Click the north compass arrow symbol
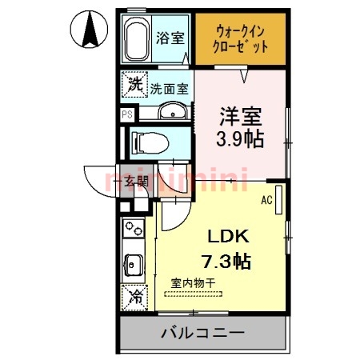(91, 30)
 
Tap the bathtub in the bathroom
(138, 38)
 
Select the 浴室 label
(169, 37)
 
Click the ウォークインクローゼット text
(240, 38)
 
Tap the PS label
(126, 114)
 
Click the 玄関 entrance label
(134, 181)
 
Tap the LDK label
(230, 238)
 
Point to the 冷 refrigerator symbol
(133, 296)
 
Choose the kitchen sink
(133, 263)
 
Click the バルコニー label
(202, 332)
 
